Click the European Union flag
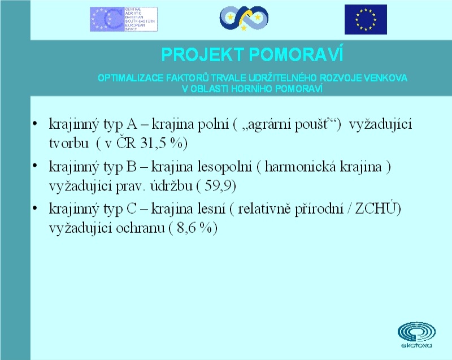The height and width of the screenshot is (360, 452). click(x=366, y=19)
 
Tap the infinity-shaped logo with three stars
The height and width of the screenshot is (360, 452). click(x=244, y=18)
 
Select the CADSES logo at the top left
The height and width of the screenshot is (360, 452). click(x=124, y=19)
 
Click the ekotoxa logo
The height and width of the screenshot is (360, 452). click(x=416, y=335)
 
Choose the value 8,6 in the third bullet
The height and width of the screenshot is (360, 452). click(x=186, y=228)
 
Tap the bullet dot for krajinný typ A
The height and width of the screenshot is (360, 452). click(x=35, y=124)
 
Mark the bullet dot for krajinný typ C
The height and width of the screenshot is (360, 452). click(x=35, y=208)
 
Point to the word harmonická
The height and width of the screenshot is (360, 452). click(x=300, y=167)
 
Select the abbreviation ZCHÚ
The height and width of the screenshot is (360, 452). click(x=376, y=208)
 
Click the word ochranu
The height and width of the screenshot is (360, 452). click(x=140, y=228)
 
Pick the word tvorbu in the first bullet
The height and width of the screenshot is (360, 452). click(x=68, y=143)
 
